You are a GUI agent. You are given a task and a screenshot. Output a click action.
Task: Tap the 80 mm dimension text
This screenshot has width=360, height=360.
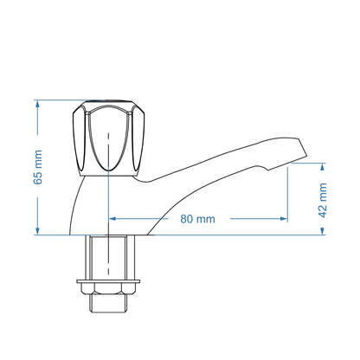pos(197,219)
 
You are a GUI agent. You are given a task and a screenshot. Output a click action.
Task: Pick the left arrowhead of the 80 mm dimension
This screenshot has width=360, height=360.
pos(112,219)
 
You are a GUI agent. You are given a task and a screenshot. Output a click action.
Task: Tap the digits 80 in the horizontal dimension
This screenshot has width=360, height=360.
pos(187,219)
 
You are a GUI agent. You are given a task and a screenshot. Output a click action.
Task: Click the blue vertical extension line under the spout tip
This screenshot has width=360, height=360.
pos(287,195)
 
